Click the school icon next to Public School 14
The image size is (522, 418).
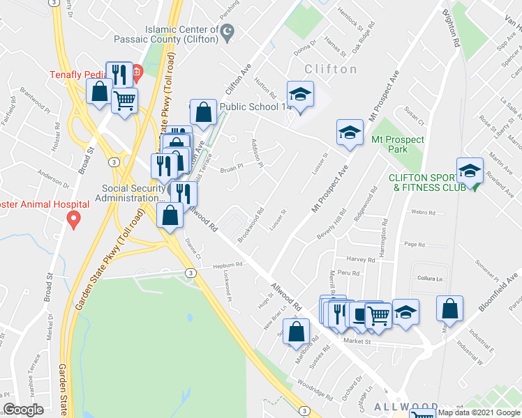301,95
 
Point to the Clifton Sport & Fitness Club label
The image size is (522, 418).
428,183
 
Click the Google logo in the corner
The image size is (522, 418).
23,410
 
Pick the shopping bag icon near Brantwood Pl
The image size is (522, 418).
100,92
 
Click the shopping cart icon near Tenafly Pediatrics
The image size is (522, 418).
125,101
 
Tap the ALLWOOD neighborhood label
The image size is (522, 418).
405,406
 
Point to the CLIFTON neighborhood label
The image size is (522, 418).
331,70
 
